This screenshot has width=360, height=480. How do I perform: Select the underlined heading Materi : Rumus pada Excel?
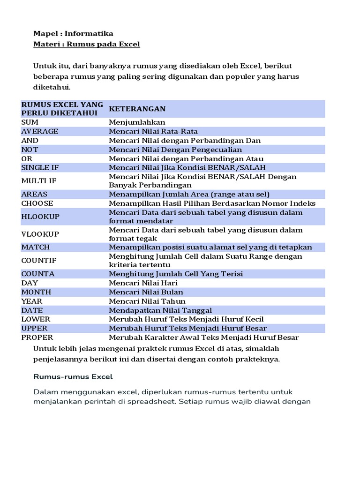tap(87, 44)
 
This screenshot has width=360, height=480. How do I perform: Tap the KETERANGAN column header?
tap(137, 109)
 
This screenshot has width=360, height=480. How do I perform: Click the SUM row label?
tap(30, 122)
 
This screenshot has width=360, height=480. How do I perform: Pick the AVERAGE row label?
tap(40, 131)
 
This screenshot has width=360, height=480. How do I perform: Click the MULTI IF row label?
tap(37, 181)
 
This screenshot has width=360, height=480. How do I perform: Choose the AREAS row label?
tap(34, 194)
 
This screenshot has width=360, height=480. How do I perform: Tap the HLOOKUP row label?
tap(40, 217)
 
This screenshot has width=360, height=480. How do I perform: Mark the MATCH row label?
tap(35, 247)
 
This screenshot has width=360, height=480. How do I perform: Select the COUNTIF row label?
tap(38, 260)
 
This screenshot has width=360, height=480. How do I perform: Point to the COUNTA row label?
tap(37, 274)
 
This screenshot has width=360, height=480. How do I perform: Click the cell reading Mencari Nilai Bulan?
tap(146, 292)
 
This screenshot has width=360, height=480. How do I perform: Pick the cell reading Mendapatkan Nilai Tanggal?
tap(160, 310)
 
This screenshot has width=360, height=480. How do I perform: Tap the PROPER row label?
tap(37, 337)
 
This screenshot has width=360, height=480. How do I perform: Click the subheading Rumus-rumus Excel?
tap(73, 376)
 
